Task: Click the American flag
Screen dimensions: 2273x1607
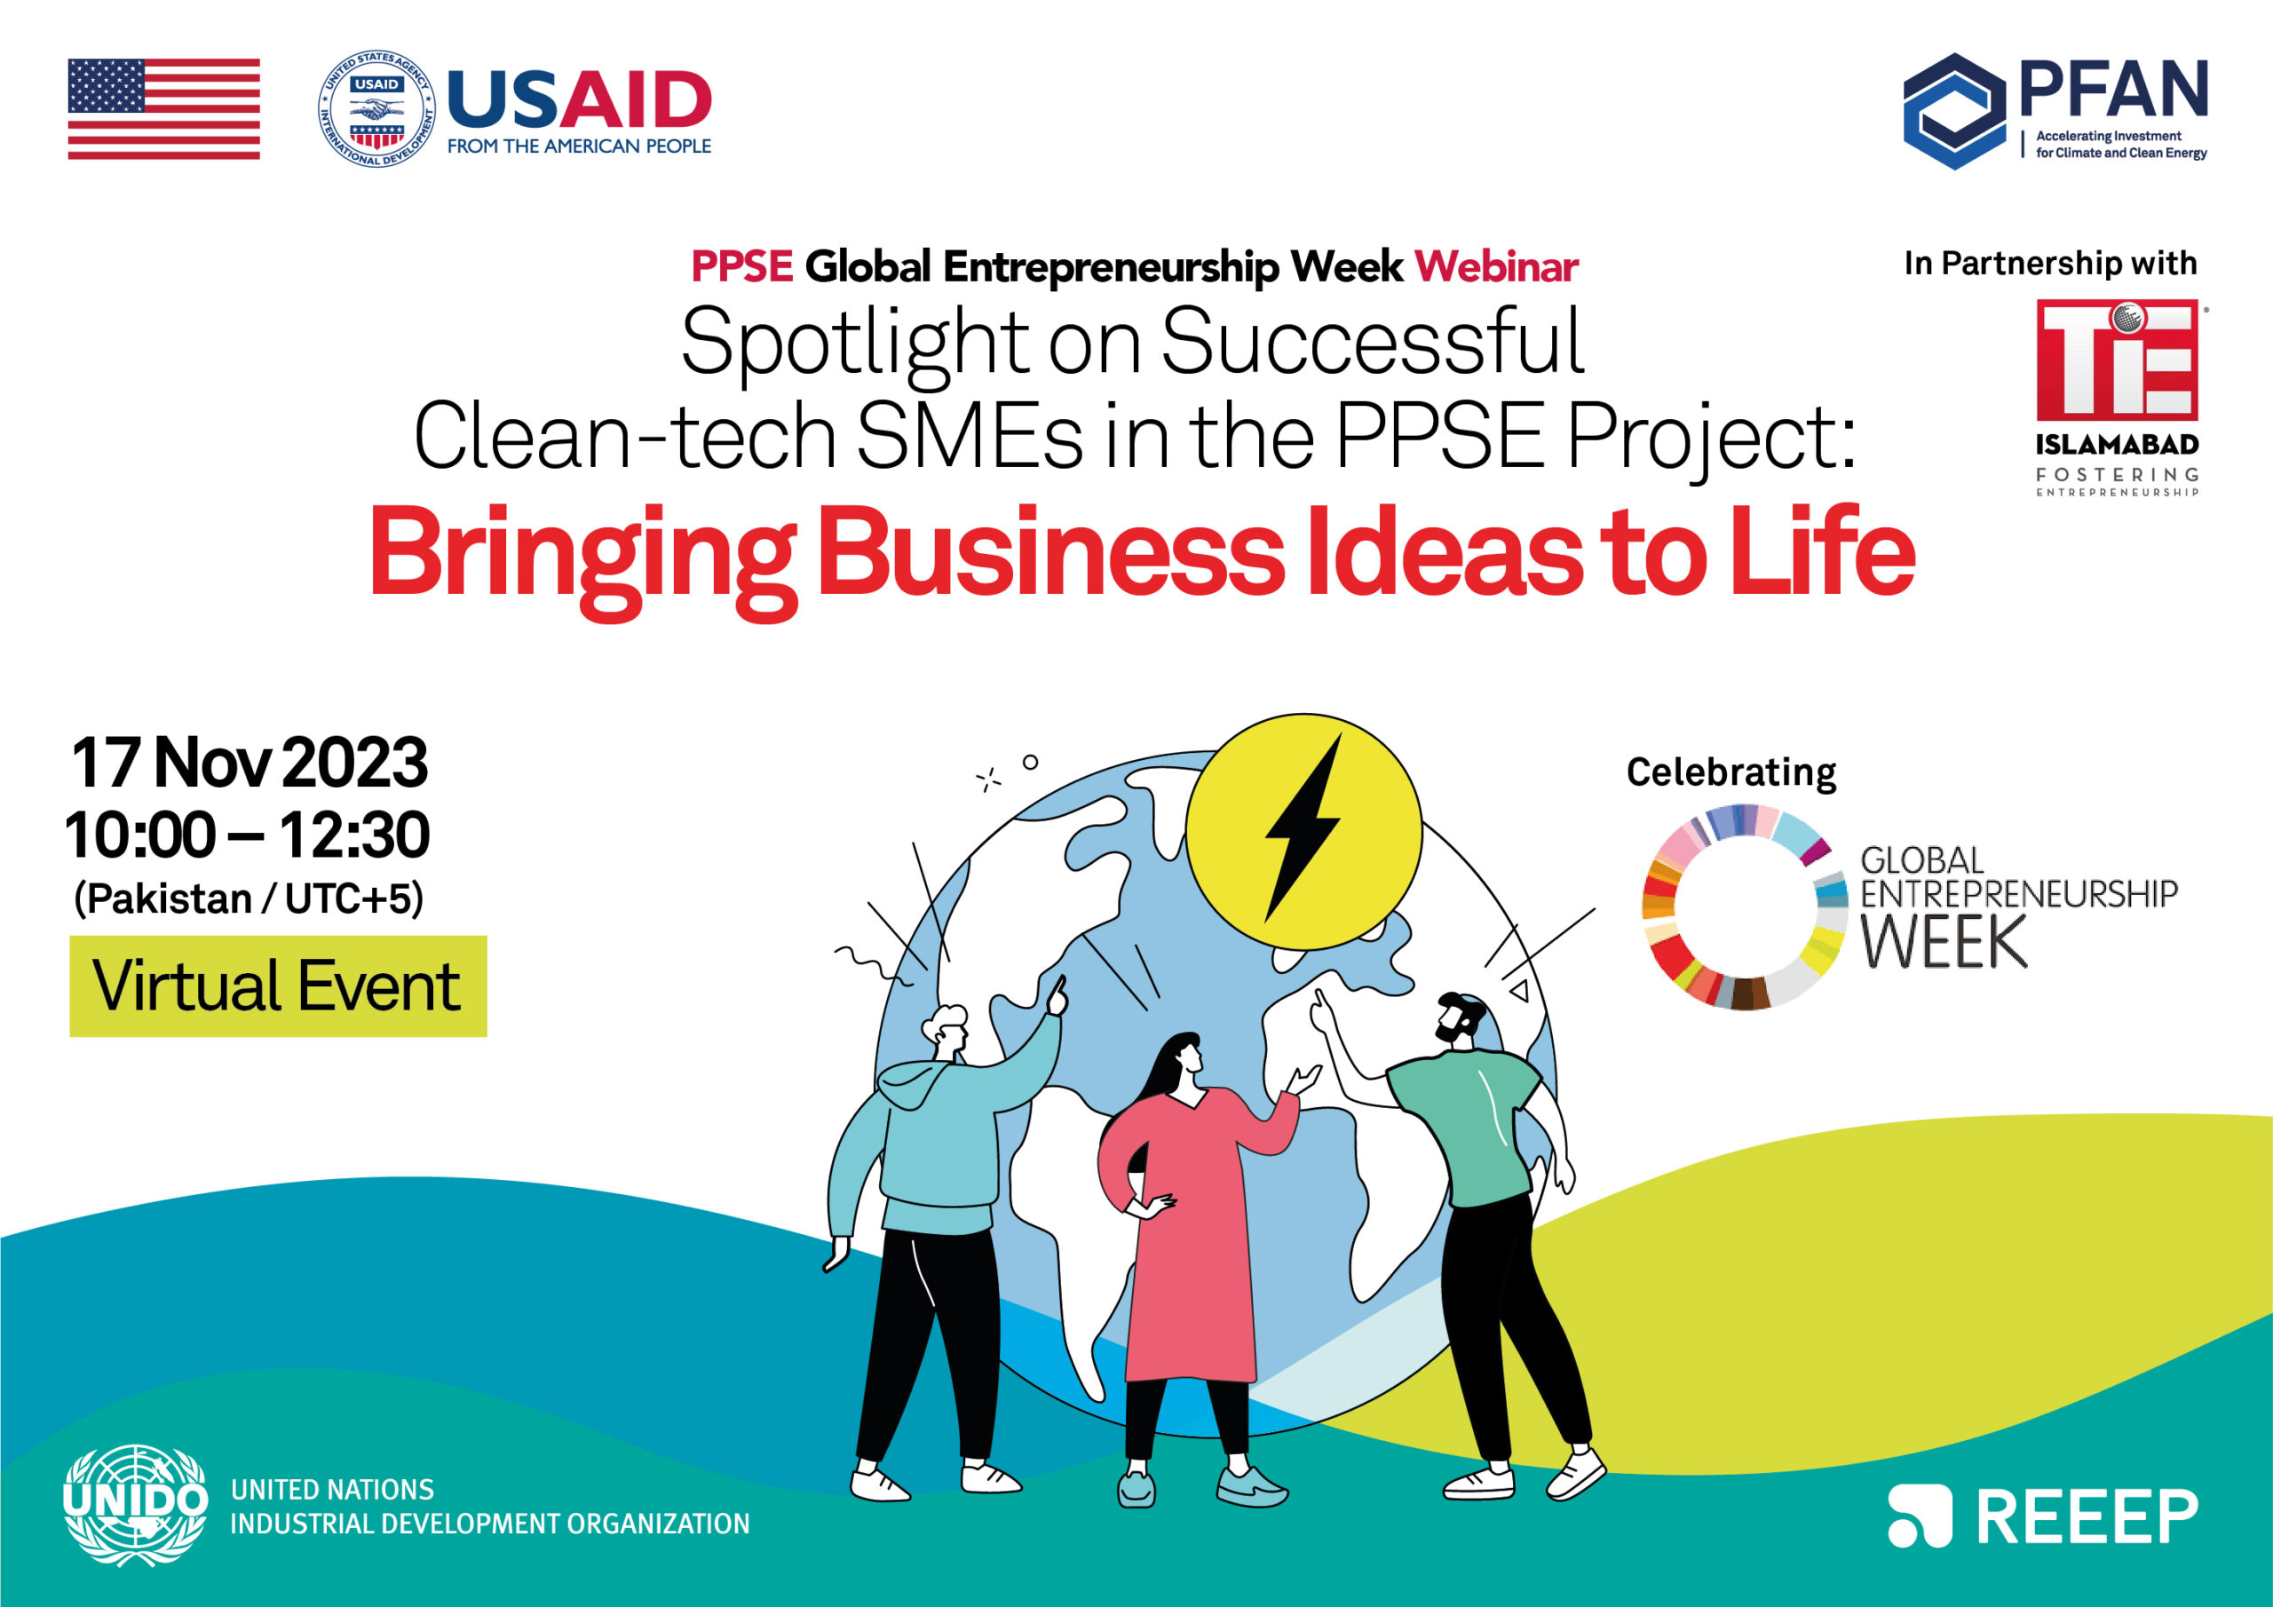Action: point(163,109)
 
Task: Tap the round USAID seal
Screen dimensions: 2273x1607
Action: point(376,109)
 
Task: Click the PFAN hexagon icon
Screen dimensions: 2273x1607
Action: point(1955,111)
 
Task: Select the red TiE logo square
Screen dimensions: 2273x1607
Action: point(2118,360)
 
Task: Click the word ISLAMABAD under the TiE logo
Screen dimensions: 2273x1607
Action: point(2118,445)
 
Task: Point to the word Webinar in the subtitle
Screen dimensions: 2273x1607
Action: point(1497,266)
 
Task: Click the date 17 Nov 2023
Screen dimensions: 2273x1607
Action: point(249,763)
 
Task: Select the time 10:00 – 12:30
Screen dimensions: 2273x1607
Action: point(248,835)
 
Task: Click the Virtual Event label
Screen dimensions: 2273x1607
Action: point(277,986)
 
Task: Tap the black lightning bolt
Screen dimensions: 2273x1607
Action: point(1303,828)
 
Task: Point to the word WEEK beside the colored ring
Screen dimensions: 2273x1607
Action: point(1944,943)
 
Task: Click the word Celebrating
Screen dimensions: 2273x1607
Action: point(1731,772)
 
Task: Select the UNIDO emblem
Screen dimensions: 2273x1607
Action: point(136,1505)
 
